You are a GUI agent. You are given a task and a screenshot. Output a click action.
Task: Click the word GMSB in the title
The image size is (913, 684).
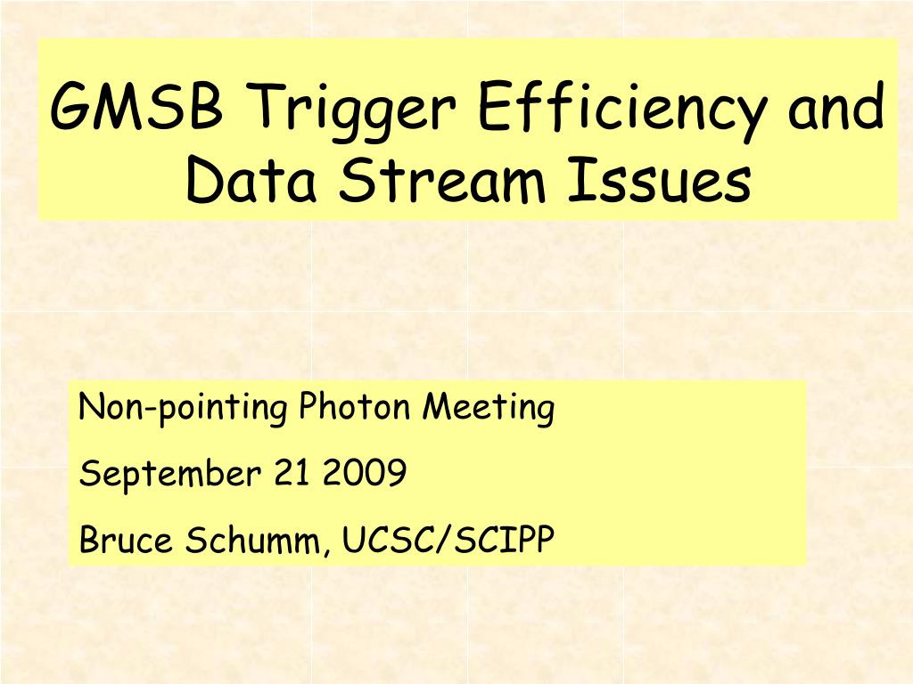(x=136, y=107)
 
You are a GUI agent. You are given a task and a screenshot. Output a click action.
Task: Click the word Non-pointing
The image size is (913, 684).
(x=183, y=408)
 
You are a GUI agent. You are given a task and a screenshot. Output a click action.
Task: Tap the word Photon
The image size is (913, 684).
(x=355, y=406)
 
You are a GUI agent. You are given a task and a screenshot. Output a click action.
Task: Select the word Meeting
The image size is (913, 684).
(x=489, y=408)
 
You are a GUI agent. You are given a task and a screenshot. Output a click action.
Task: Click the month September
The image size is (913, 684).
(x=170, y=474)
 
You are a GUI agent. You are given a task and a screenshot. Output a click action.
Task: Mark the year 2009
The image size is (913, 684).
(x=364, y=472)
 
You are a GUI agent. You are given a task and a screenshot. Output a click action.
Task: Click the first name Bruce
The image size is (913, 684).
(x=126, y=539)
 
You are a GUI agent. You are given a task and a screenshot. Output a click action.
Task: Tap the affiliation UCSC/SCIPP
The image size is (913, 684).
(x=448, y=539)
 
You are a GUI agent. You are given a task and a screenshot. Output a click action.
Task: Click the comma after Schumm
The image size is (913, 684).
(x=325, y=550)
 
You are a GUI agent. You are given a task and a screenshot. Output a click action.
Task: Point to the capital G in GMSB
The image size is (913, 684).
(x=71, y=107)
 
